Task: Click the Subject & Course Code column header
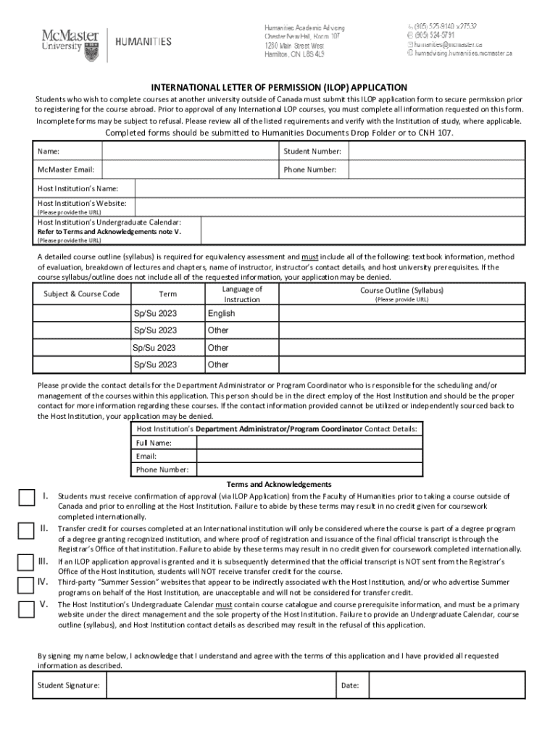(81, 294)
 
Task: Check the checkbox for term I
(27, 497)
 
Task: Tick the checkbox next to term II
(27, 530)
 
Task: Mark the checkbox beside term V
(27, 608)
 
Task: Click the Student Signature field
(218, 684)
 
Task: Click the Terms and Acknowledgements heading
(279, 484)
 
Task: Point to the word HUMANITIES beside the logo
(143, 41)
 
